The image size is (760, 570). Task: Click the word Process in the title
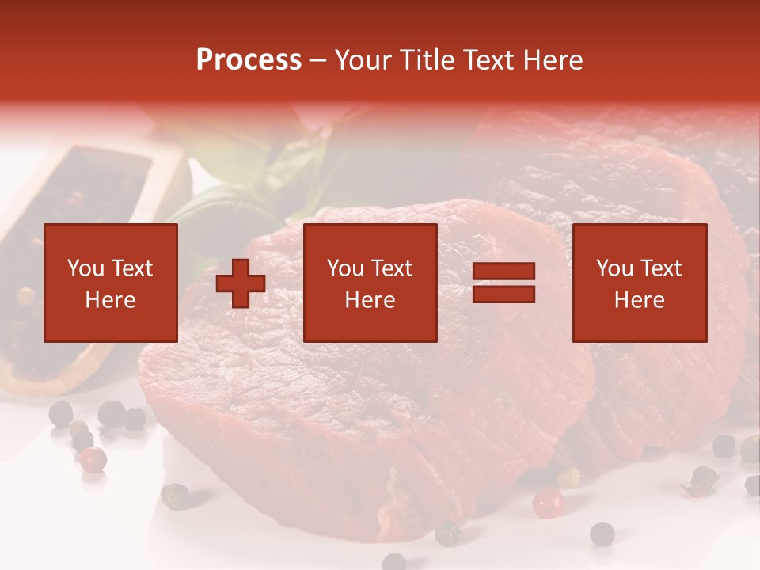pos(249,60)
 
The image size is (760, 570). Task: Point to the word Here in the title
pos(551,60)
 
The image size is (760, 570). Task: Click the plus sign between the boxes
pos(241,283)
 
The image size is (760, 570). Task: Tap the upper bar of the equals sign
pos(503,272)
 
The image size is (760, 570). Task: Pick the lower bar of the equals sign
pos(503,294)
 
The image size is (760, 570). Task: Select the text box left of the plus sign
pos(110,283)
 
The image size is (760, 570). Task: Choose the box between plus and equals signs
pos(370,283)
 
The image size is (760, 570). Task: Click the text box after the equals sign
pos(640,283)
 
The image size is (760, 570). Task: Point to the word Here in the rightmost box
pos(640,300)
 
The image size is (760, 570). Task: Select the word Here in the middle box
pos(370,300)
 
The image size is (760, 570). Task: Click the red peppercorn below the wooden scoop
pos(93,458)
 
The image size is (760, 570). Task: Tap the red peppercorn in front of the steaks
pos(547,501)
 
